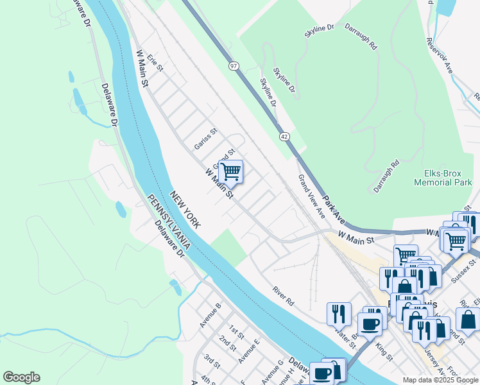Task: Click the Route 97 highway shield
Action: (233, 65)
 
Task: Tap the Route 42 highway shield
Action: (284, 137)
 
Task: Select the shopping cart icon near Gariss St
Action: (230, 172)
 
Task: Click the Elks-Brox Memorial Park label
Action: (443, 178)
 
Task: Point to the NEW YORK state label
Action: (185, 209)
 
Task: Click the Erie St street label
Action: (155, 62)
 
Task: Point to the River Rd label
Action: (282, 296)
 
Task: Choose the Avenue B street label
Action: (210, 314)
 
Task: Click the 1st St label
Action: (236, 332)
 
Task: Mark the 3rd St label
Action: (212, 361)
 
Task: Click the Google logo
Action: (21, 377)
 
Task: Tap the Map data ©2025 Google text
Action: (440, 380)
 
